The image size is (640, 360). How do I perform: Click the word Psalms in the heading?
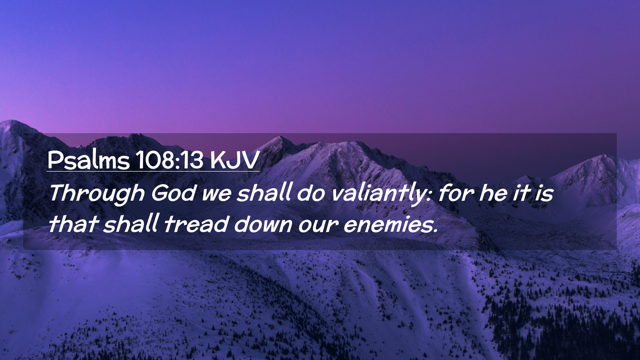point(88,160)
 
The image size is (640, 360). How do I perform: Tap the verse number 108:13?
point(170,160)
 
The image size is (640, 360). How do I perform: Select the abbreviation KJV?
point(235,160)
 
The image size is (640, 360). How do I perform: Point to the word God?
point(173,193)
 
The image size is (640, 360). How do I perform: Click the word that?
point(74,224)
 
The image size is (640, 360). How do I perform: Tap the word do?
point(311,193)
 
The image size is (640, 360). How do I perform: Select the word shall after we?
point(264,193)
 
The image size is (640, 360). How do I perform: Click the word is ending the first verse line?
point(544,194)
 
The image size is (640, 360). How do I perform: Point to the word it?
point(522,193)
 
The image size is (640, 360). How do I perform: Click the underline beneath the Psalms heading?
point(153,171)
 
